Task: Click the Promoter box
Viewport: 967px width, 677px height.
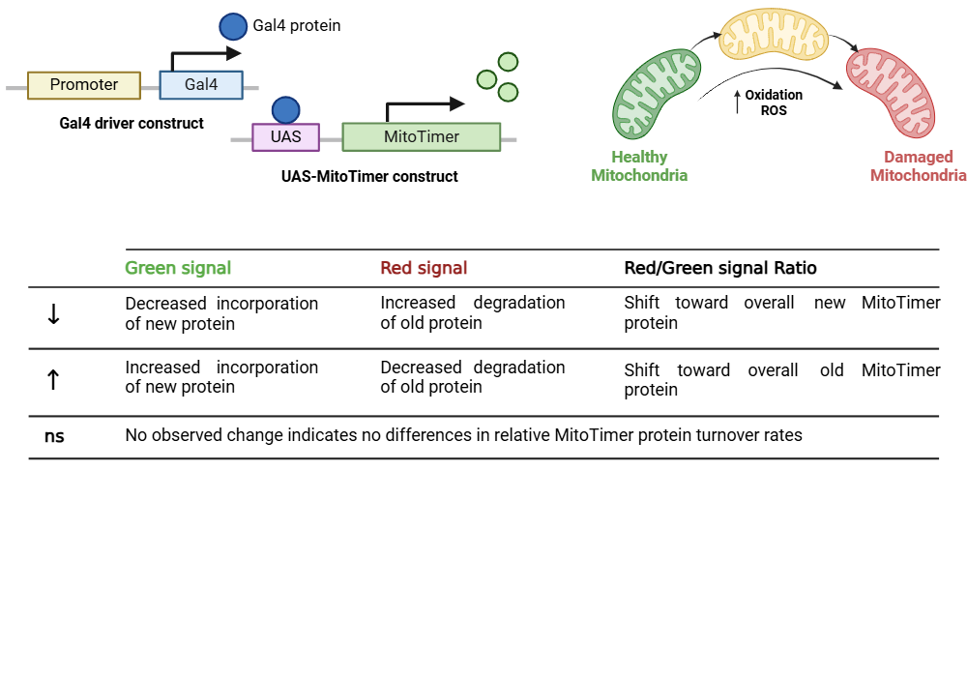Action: (x=84, y=85)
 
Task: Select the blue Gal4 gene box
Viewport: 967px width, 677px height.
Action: (x=201, y=85)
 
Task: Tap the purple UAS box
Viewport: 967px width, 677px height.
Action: (x=285, y=137)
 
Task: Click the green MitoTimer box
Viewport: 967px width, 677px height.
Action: (x=421, y=137)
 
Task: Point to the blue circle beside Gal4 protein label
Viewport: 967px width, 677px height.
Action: (x=232, y=26)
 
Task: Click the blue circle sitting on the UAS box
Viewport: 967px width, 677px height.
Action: (x=285, y=109)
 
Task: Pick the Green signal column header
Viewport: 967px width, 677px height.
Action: (x=178, y=268)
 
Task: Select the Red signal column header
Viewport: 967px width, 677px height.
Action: (x=424, y=268)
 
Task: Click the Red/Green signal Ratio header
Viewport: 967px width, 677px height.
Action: (x=720, y=268)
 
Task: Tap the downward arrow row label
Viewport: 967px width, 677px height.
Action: (x=53, y=314)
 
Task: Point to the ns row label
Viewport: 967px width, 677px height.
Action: (x=54, y=436)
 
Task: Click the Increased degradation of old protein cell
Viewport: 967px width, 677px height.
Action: (x=472, y=312)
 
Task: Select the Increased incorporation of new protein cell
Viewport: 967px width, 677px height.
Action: (x=221, y=377)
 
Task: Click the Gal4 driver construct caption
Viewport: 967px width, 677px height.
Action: (x=132, y=123)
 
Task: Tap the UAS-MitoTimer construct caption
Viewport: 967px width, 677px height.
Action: (x=369, y=176)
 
